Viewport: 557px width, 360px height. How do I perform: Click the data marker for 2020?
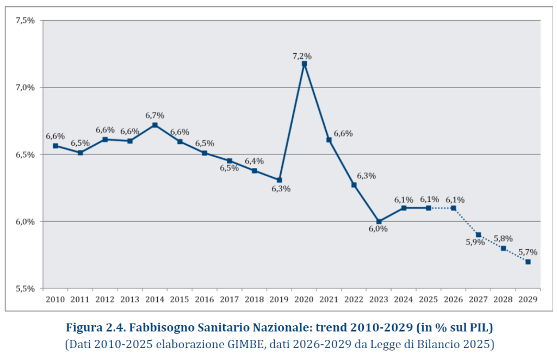tap(304, 64)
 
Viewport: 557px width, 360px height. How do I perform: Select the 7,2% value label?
tap(302, 56)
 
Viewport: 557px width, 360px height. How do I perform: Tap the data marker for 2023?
tap(379, 221)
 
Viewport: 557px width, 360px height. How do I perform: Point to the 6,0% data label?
tap(378, 229)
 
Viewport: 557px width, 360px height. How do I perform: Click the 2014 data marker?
tap(155, 125)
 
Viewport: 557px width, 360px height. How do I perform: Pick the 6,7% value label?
tap(154, 115)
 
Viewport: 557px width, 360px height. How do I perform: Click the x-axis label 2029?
tap(528, 300)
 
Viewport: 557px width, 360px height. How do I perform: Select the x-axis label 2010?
tap(55, 300)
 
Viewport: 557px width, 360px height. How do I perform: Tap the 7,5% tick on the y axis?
tap(25, 20)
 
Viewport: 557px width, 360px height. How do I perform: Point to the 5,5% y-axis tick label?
tap(25, 289)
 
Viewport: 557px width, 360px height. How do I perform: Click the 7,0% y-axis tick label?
tap(25, 87)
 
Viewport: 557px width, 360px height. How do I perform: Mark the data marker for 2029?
tap(528, 262)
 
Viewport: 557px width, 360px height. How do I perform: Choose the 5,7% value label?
tap(528, 252)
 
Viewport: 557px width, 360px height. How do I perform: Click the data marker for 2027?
tap(478, 235)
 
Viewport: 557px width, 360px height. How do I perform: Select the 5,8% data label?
tap(503, 238)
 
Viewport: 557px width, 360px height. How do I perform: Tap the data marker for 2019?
tap(279, 180)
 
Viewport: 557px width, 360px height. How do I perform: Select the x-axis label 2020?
tap(304, 300)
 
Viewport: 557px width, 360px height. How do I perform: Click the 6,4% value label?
tap(254, 161)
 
